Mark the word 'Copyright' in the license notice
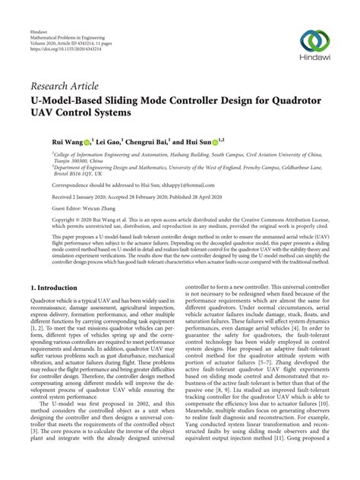click(47, 218)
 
